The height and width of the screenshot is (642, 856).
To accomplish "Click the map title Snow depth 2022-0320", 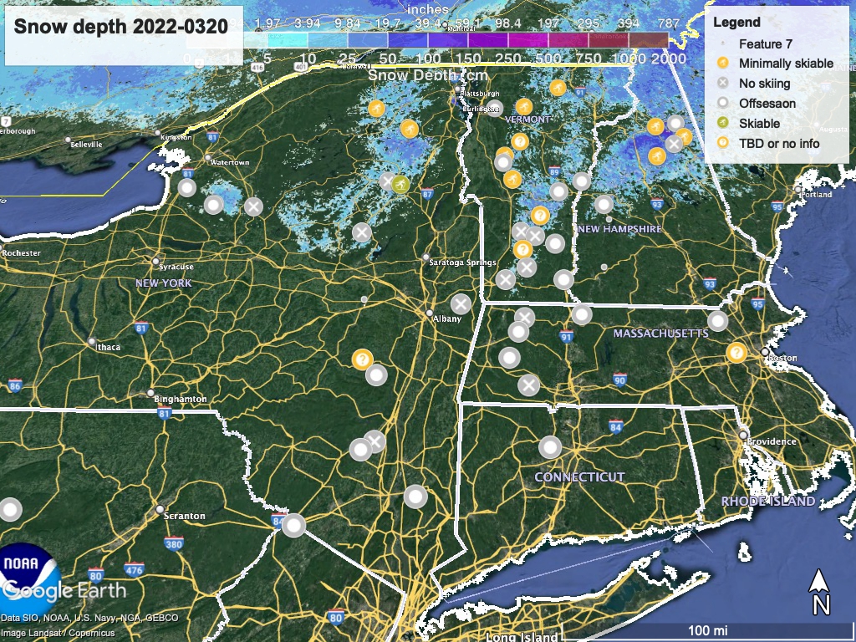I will point(120,26).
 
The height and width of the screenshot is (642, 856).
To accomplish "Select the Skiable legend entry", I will point(759,123).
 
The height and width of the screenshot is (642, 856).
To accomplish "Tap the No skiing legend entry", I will point(764,83).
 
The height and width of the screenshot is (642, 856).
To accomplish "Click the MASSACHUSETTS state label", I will point(660,334).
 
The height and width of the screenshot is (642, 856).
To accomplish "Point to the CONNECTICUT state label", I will point(579,476).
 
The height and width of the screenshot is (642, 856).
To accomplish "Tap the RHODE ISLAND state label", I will point(767,501).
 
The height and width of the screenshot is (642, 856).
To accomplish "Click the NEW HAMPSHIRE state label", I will point(619,229).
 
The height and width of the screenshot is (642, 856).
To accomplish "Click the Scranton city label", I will point(185,516).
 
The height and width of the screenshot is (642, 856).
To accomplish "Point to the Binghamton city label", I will point(181,400).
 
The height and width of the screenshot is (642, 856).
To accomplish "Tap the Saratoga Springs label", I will point(462,262).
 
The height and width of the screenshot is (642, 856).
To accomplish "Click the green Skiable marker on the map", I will point(400,184).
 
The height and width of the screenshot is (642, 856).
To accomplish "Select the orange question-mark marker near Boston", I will point(736,352).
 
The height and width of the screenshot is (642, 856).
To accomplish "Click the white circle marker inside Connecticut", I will point(550,447).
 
